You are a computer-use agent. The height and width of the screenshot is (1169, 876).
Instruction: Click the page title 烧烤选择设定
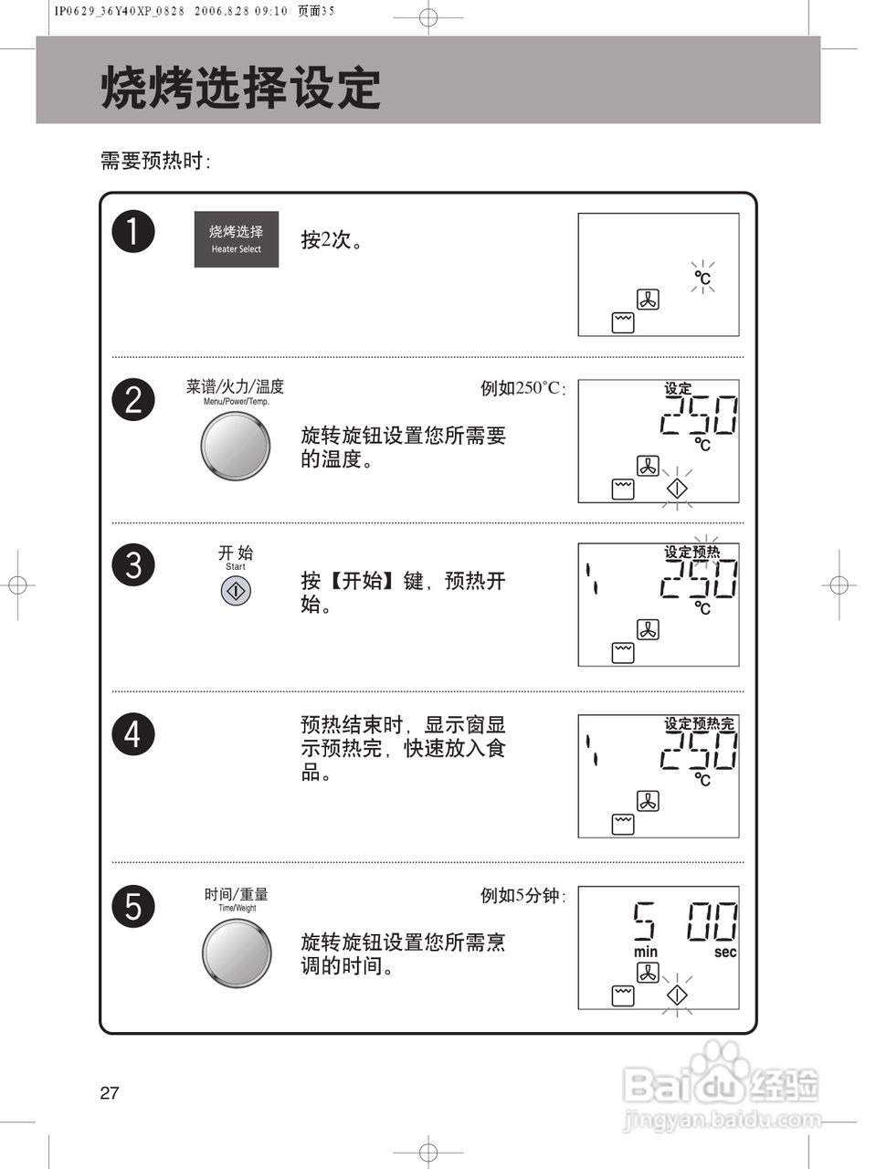(x=240, y=89)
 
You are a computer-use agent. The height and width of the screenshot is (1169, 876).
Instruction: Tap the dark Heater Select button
(x=236, y=239)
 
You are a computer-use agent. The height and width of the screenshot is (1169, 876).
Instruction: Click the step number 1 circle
(x=133, y=231)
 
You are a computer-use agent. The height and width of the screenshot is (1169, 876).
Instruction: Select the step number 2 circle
(x=133, y=400)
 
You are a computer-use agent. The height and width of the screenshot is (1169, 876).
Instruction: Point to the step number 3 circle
(x=133, y=564)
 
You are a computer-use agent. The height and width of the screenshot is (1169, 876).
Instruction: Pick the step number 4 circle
(x=133, y=734)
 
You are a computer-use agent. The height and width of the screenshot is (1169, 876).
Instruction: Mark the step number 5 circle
(x=133, y=907)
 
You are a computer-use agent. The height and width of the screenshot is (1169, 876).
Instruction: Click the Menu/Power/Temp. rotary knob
(x=236, y=447)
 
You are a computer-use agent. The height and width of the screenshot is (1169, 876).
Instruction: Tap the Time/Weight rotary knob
(x=237, y=953)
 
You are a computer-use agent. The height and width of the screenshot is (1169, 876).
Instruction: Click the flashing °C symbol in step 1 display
(x=702, y=278)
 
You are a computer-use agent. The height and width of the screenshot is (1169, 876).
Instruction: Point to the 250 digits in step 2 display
(x=699, y=416)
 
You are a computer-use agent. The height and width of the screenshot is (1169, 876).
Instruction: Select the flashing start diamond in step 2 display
(x=676, y=489)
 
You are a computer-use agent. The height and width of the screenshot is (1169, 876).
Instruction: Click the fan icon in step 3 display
(x=648, y=629)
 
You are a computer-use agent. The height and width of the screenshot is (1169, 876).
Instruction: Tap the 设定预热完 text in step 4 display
(x=699, y=723)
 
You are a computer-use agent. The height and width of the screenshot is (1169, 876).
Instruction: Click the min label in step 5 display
(x=645, y=952)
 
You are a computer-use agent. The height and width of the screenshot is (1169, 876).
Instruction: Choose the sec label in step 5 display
(x=725, y=952)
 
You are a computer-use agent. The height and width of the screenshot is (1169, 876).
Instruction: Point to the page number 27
(x=110, y=1093)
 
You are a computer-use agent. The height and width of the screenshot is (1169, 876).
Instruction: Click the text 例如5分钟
(x=522, y=896)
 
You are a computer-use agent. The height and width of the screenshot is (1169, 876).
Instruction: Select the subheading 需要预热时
(x=155, y=162)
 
